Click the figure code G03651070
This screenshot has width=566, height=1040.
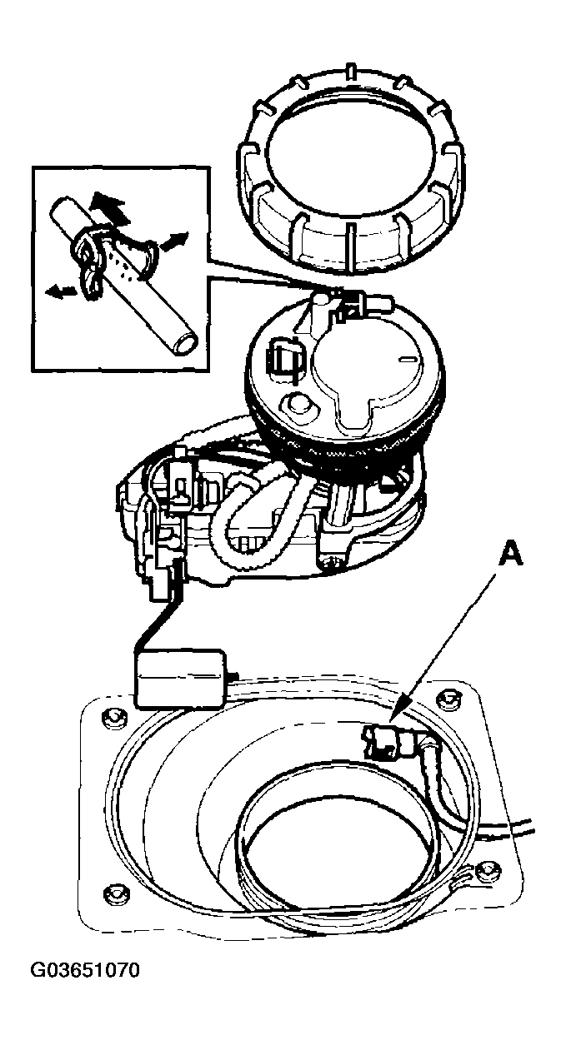tap(85, 970)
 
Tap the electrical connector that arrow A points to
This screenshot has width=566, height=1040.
tap(386, 740)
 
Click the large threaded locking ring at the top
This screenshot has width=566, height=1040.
tap(350, 167)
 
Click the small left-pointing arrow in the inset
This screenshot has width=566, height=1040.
tap(59, 291)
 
